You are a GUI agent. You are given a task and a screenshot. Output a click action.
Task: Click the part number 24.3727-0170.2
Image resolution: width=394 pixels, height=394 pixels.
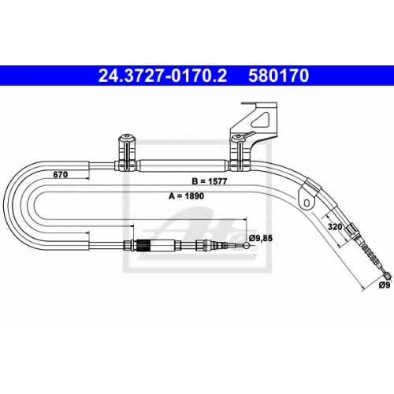(x=162, y=76)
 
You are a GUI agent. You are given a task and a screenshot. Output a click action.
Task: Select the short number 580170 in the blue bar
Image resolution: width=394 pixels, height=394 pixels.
(x=279, y=76)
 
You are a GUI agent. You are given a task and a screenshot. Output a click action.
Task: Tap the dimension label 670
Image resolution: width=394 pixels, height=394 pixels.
(x=61, y=174)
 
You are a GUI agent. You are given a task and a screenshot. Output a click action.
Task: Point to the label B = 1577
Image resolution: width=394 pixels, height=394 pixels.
(x=210, y=181)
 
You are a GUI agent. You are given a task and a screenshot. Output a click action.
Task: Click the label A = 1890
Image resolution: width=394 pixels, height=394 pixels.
(x=186, y=196)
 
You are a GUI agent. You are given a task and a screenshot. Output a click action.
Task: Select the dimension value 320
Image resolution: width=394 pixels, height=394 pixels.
(x=335, y=227)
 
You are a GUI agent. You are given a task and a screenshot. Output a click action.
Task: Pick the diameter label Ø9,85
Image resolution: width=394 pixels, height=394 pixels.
(x=261, y=238)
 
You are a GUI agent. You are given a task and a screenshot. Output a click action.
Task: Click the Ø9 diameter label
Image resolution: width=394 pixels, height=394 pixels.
(x=385, y=285)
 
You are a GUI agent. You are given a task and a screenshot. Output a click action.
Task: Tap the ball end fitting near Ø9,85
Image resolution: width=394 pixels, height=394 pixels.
(x=247, y=246)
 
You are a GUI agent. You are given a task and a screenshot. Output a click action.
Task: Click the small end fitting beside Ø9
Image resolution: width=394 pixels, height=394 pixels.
(x=388, y=275)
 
